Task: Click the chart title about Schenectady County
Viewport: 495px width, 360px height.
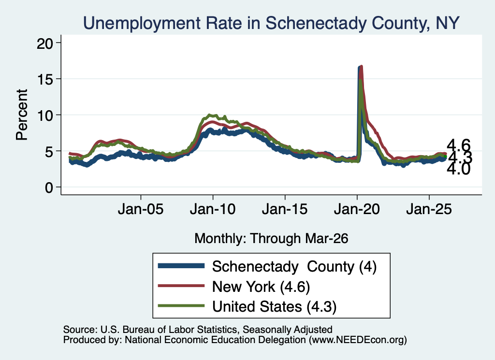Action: point(271,23)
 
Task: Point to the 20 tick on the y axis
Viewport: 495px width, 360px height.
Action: point(44,43)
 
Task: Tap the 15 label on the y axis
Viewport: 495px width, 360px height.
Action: point(44,79)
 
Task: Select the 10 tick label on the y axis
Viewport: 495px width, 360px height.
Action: point(44,115)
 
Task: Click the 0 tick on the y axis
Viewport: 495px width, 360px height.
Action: point(49,187)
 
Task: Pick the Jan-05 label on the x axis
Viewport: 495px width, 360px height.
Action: point(141,209)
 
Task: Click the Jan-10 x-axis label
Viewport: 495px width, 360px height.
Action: point(213,209)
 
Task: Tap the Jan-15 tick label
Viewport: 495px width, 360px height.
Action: point(285,209)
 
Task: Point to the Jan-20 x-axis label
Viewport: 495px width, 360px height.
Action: point(357,209)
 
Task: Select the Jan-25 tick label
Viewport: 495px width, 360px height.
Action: point(429,209)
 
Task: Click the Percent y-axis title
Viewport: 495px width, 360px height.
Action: point(22,115)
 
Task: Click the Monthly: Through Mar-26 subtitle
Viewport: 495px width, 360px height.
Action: point(271,239)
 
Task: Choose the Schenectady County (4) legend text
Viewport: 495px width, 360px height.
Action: point(294,267)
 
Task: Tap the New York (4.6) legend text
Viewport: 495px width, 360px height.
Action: point(261,287)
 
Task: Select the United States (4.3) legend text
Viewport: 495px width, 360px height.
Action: point(275,306)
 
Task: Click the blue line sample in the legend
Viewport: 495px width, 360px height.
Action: point(181,266)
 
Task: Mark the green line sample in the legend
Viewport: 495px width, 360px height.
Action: point(181,305)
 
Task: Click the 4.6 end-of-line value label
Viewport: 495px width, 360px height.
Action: point(458,145)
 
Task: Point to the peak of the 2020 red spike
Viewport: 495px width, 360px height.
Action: point(361,67)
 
